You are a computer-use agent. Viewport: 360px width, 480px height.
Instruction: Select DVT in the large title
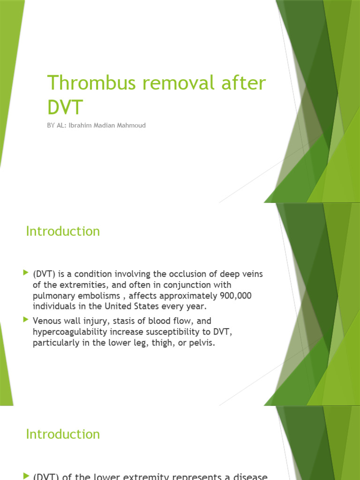tap(65, 107)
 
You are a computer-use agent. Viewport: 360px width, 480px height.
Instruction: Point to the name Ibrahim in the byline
tap(82, 126)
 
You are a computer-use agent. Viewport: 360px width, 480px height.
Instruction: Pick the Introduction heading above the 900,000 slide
tap(63, 232)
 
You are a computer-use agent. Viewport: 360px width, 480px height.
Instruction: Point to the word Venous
tap(47, 321)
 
